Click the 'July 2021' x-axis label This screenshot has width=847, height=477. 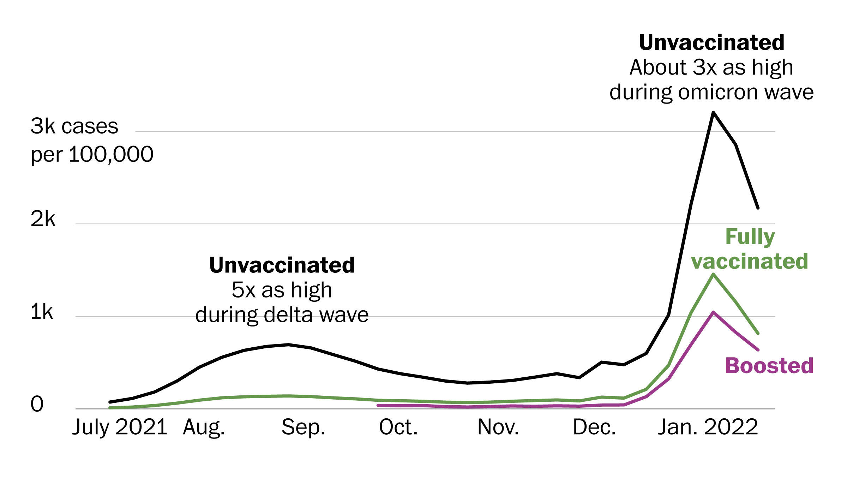click(x=120, y=427)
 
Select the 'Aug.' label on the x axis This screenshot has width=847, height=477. click(x=204, y=427)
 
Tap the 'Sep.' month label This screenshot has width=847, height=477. click(x=303, y=427)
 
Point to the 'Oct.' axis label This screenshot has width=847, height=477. click(x=398, y=427)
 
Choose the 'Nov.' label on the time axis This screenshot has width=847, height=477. click(x=498, y=427)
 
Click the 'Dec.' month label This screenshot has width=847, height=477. click(x=594, y=427)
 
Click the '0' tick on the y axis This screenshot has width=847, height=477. click(x=37, y=404)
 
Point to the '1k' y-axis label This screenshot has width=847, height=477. click(x=42, y=312)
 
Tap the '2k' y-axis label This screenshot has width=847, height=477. click(x=43, y=219)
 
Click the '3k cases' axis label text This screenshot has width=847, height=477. click(x=74, y=126)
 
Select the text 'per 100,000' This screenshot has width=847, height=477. click(x=92, y=154)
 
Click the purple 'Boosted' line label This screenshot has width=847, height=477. click(x=769, y=366)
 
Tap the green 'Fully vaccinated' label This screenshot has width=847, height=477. click(x=750, y=249)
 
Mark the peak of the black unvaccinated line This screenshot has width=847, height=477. click(x=713, y=112)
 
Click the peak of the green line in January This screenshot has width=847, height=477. click(x=713, y=274)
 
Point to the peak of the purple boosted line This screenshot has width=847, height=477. click(x=713, y=312)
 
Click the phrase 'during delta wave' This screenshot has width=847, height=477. click(x=282, y=315)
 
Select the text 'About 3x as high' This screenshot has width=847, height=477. click(x=711, y=67)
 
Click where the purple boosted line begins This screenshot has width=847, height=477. click(x=378, y=405)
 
